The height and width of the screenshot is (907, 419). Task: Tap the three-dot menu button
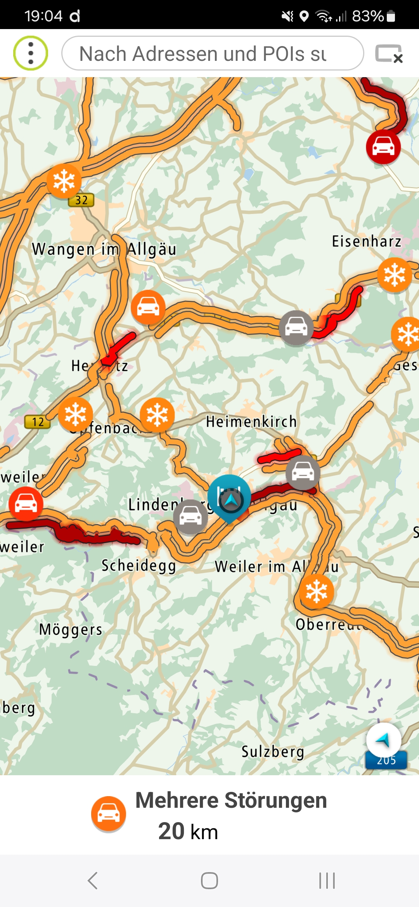31,53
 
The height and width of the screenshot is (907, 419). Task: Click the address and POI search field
213,53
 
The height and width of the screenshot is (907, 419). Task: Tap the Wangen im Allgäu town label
104,249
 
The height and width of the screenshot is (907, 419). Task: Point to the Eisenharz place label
366,241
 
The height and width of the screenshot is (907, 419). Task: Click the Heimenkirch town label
251,421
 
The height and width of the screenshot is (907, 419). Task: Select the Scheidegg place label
139,566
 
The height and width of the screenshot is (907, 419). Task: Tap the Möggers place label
71,629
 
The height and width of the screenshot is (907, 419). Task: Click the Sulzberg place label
273,752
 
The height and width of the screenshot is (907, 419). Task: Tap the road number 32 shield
81,200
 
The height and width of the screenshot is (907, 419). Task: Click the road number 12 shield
38,422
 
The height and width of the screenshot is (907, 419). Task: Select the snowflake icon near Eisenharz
394,275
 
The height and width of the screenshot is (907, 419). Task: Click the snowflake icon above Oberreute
316,591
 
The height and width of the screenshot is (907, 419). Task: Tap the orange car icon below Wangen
148,307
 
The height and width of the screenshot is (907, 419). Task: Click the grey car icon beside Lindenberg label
190,517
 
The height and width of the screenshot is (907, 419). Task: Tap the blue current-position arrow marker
231,500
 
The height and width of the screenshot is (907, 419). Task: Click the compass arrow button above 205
383,740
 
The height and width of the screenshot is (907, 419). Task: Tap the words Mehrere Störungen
231,800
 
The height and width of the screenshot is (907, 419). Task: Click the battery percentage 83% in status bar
367,16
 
